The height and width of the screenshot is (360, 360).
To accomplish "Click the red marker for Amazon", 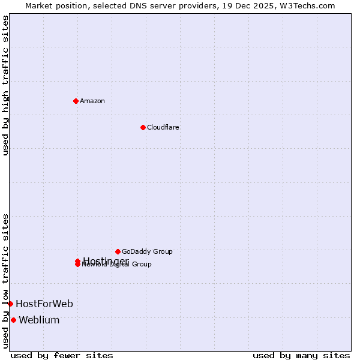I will [76, 101].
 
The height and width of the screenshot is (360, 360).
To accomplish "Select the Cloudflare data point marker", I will [143, 127].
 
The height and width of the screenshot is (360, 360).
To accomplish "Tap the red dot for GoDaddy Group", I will [118, 251].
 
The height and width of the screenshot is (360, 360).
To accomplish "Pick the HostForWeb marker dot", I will [10, 304].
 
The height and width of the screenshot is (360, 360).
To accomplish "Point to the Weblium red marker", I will [13, 320].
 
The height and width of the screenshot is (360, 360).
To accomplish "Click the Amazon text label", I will [92, 101].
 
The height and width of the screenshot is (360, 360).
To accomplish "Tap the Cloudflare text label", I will [163, 127].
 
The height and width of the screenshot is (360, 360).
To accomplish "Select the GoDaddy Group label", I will [147, 251].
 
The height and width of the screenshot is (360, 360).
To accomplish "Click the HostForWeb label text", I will [44, 304].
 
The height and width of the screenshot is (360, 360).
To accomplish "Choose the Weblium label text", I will [39, 320].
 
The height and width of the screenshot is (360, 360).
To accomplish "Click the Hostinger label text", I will [106, 261].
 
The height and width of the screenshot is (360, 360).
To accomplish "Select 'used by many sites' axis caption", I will [301, 356].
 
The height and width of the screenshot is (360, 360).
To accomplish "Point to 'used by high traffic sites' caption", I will [6, 85].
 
